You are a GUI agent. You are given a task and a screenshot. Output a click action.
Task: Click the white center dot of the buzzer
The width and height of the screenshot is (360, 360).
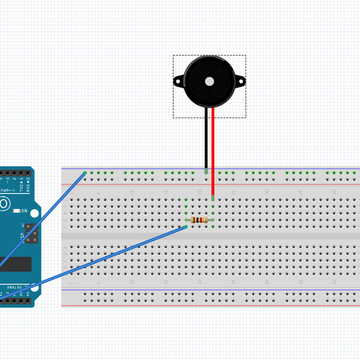tap(209, 81)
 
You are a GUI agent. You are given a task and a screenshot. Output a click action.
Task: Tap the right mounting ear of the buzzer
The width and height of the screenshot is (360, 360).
tap(241, 81)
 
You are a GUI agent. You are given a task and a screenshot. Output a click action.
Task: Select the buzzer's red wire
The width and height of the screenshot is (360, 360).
tap(213, 150)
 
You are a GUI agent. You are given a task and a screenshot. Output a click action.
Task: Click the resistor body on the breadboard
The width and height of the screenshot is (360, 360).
tap(199, 220)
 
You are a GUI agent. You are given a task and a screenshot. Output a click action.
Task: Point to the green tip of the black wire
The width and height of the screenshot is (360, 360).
tap(206, 172)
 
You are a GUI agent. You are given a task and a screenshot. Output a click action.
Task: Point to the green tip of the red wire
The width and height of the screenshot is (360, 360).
tap(213, 197)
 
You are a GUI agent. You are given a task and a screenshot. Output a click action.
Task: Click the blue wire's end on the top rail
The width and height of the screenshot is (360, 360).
tap(85, 173)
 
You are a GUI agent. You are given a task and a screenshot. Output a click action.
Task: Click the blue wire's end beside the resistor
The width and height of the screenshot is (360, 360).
tap(186, 226)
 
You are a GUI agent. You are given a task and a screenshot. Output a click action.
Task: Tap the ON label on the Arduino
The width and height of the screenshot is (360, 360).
tap(25, 211)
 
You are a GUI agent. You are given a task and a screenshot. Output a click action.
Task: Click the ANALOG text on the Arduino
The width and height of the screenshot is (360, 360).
tap(13, 287)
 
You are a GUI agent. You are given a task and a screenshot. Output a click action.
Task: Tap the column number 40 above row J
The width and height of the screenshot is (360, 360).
tap(334, 191)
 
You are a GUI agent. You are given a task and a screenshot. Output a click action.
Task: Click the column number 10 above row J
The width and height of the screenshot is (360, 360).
tap(132, 191)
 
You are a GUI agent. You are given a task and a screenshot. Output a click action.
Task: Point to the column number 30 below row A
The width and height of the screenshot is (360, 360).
tap(266, 281)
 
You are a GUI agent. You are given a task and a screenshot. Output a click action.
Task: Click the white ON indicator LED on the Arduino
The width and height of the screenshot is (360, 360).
tap(17, 211)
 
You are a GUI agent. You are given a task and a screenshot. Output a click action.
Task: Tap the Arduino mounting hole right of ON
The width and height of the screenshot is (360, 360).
tap(32, 211)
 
